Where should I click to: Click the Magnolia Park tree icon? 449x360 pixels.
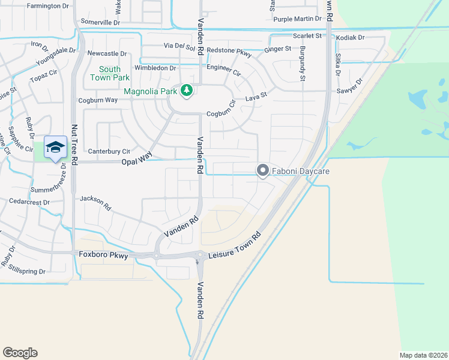(x=187, y=91)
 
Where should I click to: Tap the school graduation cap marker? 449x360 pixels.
(x=55, y=147)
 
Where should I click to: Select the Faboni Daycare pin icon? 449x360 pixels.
(x=262, y=171)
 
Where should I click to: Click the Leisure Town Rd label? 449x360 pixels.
(x=235, y=246)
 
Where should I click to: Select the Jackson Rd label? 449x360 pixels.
(x=96, y=202)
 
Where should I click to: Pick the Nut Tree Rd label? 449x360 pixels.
(x=75, y=145)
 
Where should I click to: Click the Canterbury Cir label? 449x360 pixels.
(x=109, y=152)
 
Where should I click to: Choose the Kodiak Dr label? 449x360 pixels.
(x=351, y=38)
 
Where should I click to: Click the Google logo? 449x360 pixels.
(x=20, y=353)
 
